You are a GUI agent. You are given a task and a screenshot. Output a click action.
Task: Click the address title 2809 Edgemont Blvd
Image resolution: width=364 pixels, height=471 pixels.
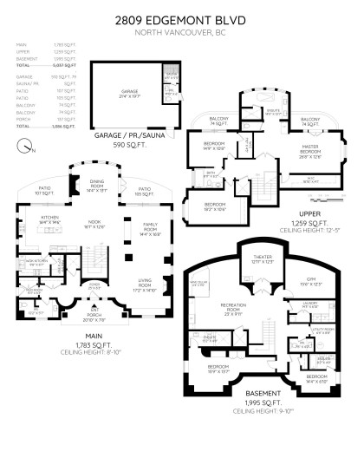pos(182,18)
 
